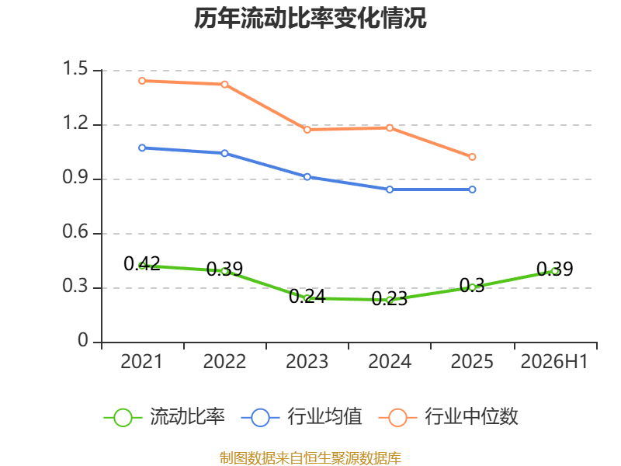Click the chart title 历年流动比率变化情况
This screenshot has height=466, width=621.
310,18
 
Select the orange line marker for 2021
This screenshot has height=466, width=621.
142,81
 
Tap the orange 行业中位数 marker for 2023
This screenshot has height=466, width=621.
307,130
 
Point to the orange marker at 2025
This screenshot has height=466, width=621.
472,157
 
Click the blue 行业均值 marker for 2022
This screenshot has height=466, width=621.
224,153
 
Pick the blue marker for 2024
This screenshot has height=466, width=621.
390,190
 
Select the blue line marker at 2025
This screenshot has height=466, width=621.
472,190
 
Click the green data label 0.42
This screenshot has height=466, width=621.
142,264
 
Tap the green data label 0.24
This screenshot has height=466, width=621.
307,297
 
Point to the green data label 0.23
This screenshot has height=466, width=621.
390,298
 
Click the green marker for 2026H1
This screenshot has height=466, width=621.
555,271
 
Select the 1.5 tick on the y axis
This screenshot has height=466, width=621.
75,68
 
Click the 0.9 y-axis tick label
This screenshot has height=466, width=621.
75,177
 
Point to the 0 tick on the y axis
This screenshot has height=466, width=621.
83,340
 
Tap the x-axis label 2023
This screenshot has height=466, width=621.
307,361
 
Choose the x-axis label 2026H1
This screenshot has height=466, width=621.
554,361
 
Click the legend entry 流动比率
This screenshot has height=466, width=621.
164,417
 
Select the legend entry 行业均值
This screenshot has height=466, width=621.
301,417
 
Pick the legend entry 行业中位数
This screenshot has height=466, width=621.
449,417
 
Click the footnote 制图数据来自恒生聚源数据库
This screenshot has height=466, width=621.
310,458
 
